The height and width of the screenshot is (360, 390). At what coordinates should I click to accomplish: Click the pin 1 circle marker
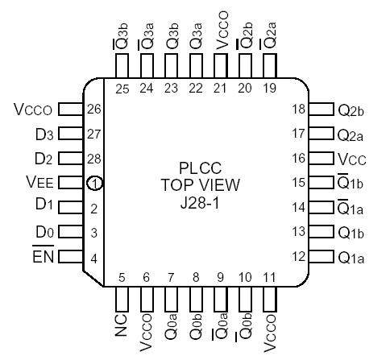[96, 184]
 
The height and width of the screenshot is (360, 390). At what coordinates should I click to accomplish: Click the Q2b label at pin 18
[352, 108]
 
